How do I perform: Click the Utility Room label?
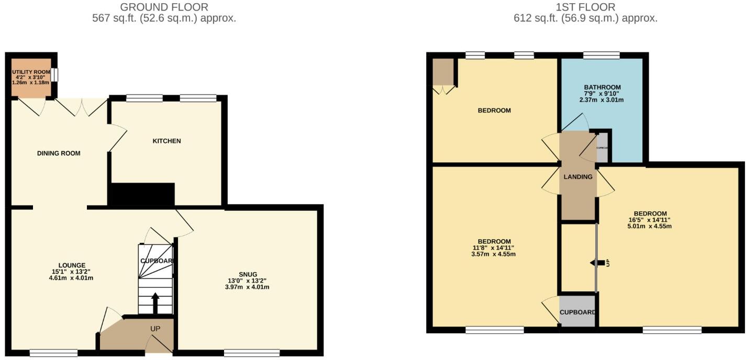tap(31, 70)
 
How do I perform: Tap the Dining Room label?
tap(59, 153)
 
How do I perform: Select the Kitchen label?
tap(166, 141)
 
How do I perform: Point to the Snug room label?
tap(248, 274)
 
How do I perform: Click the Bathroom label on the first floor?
tap(602, 87)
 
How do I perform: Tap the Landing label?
tap(578, 177)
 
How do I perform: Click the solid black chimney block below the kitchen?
tap(141, 195)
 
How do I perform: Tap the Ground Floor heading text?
tap(164, 7)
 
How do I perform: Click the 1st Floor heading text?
tap(585, 7)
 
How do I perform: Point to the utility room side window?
tap(55, 75)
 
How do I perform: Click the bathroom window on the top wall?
tap(602, 55)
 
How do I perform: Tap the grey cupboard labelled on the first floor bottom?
tap(577, 312)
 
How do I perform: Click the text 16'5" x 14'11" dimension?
tap(650, 220)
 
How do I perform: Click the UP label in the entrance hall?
tap(155, 329)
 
